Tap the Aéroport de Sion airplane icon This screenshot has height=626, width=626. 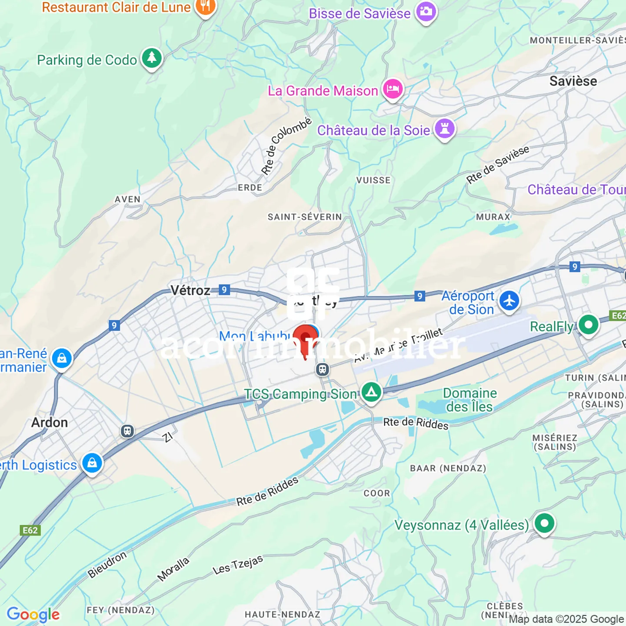tap(509, 301)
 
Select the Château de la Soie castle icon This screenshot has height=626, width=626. tap(444, 129)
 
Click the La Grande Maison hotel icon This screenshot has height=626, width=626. tap(393, 89)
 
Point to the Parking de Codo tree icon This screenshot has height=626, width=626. tap(152, 58)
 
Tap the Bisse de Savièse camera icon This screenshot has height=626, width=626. tap(426, 12)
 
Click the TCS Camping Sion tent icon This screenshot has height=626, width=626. tap(371, 392)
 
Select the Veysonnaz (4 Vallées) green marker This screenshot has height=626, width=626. tap(544, 523)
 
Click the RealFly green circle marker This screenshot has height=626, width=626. tap(589, 325)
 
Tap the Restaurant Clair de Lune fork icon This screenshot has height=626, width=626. tap(205, 7)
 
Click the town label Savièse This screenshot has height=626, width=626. tap(573, 81)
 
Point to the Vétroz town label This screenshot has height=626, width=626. tap(190, 290)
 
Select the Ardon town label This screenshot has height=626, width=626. tap(50, 423)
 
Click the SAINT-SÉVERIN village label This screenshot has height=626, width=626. tap(305, 217)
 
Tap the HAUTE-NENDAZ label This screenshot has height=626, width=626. tap(282, 614)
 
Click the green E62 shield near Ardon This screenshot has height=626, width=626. tap(30, 530)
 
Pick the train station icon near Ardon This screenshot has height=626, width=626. tap(127, 431)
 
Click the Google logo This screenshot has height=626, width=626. tap(33, 615)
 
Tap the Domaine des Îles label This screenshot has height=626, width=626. tap(469, 400)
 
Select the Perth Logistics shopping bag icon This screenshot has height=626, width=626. tap(92, 463)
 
